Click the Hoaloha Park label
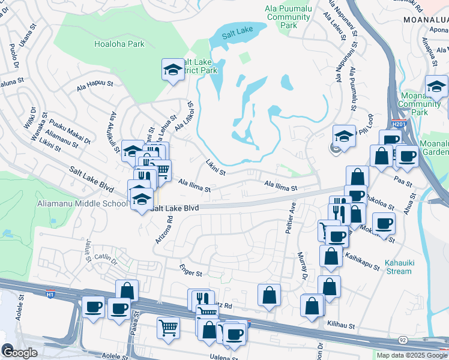119,44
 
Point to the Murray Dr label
301,265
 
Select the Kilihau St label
342,323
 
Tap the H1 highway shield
50,294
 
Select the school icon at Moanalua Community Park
436,86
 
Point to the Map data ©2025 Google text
411,355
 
